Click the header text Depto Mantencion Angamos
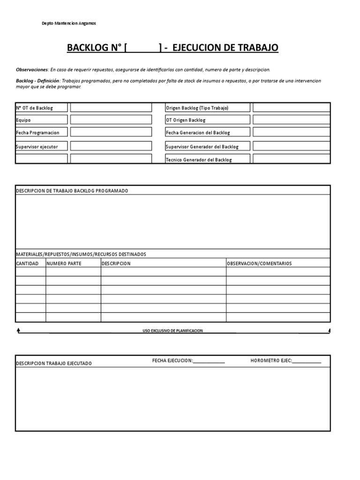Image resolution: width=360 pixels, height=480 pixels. pyautogui.click(x=69, y=23)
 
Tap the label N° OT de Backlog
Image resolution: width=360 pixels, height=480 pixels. pyautogui.click(x=35, y=108)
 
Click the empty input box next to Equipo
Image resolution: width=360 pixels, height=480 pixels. pyautogui.click(x=111, y=120)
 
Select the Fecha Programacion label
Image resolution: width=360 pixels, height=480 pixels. pyautogui.click(x=37, y=133)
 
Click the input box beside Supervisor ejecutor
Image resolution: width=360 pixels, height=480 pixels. pyautogui.click(x=111, y=146)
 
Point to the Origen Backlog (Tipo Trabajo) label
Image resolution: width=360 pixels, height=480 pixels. pyautogui.click(x=197, y=108)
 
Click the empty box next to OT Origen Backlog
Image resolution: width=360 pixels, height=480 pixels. pyautogui.click(x=291, y=120)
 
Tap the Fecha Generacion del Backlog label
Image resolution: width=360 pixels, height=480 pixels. pyautogui.click(x=198, y=133)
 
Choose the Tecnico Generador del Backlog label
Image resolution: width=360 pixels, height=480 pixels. pyautogui.click(x=199, y=160)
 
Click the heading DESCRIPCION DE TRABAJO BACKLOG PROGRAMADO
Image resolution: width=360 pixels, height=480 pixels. pyautogui.click(x=72, y=191)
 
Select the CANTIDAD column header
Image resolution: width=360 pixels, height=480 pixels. pyautogui.click(x=27, y=263)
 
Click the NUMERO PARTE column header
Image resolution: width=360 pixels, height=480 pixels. pyautogui.click(x=64, y=263)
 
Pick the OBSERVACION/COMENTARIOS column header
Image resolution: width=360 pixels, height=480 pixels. pyautogui.click(x=259, y=263)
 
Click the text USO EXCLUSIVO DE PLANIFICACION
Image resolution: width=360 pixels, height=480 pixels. pyautogui.click(x=172, y=330)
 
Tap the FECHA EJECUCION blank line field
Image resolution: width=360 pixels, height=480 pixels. pyautogui.click(x=209, y=361)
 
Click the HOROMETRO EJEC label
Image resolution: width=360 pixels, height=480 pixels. pyautogui.click(x=271, y=360)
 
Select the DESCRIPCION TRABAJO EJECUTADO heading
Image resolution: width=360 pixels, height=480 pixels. pyautogui.click(x=54, y=363)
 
